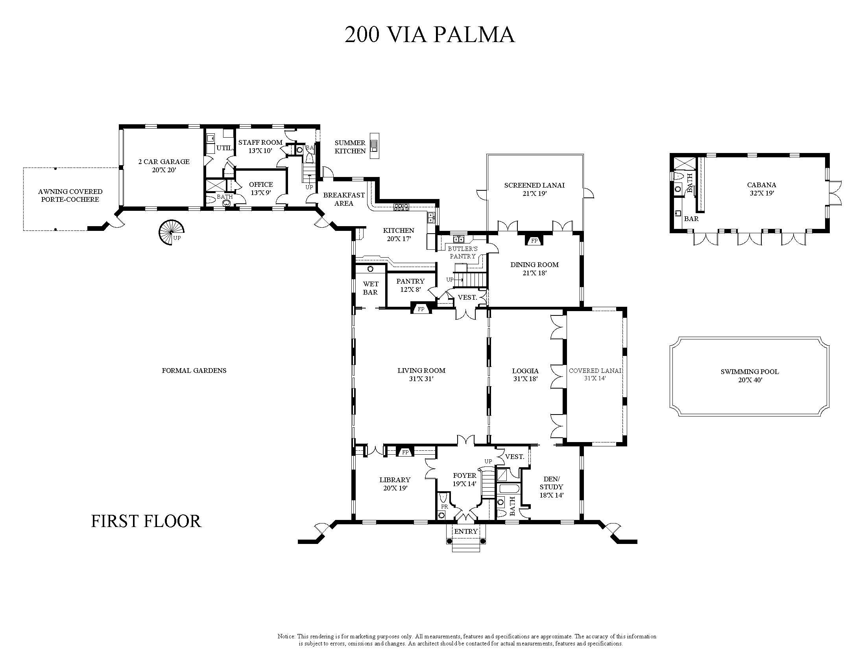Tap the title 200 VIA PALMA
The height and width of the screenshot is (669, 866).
429,35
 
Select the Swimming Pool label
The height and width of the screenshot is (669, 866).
750,376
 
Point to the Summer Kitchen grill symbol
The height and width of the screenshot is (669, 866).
374,146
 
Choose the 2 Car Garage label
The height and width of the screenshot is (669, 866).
164,166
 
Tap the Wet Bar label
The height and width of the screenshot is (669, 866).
370,288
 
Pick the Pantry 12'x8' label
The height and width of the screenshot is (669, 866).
410,286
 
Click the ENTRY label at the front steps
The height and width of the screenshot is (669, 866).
466,531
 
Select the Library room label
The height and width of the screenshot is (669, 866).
395,484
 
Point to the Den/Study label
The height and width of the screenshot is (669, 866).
551,487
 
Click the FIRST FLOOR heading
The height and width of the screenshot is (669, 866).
146,521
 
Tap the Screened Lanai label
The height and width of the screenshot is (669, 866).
534,189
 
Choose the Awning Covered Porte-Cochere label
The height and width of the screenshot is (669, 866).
70,195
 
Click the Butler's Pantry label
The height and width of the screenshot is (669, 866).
463,252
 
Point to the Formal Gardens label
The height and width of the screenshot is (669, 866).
194,370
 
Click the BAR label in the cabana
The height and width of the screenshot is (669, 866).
691,218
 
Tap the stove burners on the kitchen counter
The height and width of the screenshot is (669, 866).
401,206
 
